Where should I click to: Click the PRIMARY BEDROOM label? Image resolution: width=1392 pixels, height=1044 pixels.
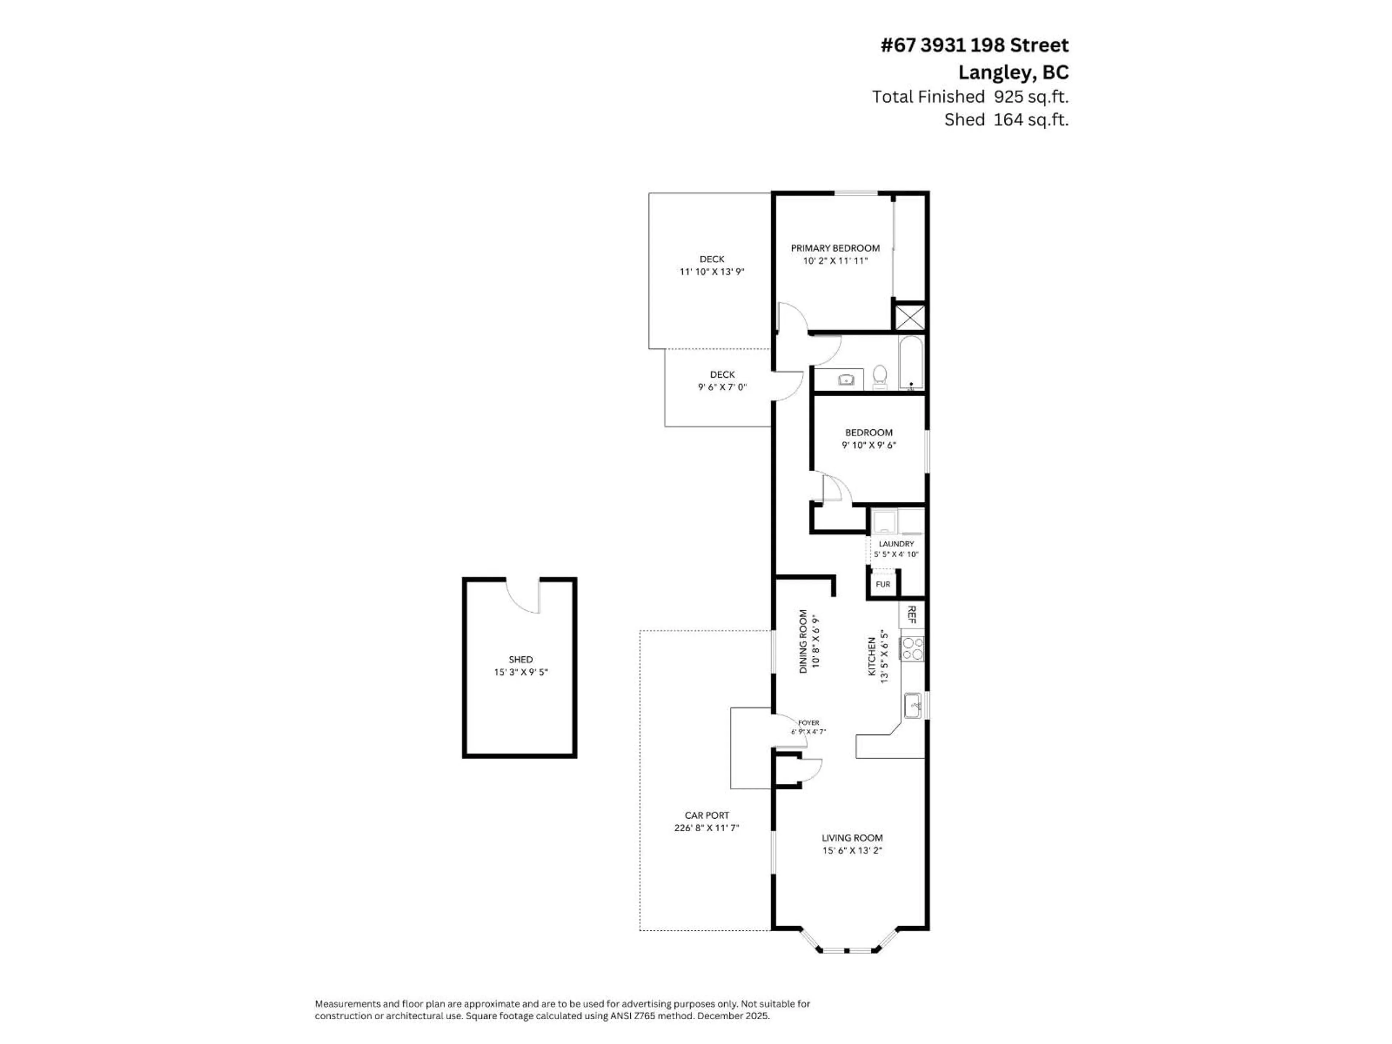[835, 248]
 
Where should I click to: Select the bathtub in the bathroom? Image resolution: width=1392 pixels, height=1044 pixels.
[911, 364]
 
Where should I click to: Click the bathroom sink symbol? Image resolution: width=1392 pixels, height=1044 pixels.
[846, 380]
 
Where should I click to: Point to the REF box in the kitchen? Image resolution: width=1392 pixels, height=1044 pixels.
[911, 614]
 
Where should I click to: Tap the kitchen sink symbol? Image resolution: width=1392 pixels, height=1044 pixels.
[912, 705]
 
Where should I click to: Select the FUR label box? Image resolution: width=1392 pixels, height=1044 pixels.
[883, 584]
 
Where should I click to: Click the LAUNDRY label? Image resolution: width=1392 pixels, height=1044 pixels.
[896, 544]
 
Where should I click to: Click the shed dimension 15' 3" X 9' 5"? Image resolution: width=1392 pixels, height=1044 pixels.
[521, 672]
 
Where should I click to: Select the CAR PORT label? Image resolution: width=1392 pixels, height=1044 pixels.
[707, 815]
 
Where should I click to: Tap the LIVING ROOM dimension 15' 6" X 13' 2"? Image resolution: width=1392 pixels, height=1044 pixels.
[852, 850]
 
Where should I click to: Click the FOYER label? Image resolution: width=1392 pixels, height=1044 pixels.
[809, 723]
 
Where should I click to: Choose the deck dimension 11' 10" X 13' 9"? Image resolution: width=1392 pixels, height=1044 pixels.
[712, 272]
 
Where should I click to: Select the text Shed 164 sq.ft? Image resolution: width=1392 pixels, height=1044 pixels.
[1006, 120]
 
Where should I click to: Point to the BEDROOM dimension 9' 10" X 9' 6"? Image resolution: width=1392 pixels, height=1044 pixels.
[869, 445]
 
